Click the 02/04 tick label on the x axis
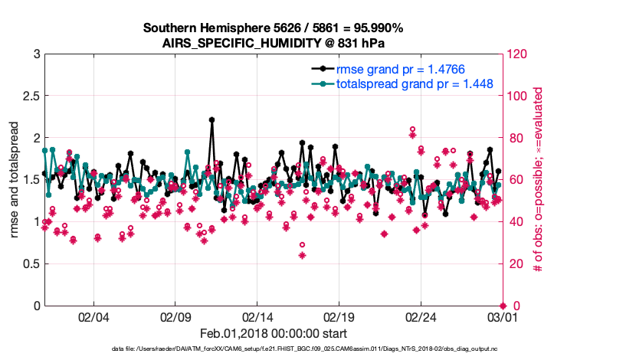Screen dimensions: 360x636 (x=93, y=316)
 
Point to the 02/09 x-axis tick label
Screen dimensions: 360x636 (x=175, y=316)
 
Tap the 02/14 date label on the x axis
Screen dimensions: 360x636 (x=257, y=316)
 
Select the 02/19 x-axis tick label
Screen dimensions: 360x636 (x=339, y=316)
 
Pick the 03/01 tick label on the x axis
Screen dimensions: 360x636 (x=503, y=316)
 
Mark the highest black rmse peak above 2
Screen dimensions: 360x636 (x=211, y=119)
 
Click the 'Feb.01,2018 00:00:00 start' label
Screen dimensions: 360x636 (x=274, y=333)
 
